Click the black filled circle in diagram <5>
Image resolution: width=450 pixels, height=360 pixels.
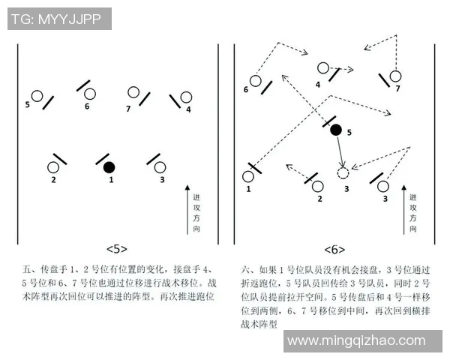pyautogui.click(x=109, y=166)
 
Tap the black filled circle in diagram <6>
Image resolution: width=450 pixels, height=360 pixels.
pyautogui.click(x=336, y=130)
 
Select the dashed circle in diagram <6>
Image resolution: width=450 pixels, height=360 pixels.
pyautogui.click(x=343, y=173)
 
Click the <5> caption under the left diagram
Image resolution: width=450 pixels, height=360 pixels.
pyautogui.click(x=117, y=249)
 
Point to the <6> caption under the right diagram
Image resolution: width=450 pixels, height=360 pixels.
pyautogui.click(x=335, y=249)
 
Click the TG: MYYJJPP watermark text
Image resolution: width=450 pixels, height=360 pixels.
pyautogui.click(x=58, y=19)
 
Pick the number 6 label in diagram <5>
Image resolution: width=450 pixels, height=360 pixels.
pyautogui.click(x=87, y=106)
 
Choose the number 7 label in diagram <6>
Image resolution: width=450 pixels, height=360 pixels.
pyautogui.click(x=397, y=88)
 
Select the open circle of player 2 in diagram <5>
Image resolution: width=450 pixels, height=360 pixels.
pyautogui.click(x=54, y=166)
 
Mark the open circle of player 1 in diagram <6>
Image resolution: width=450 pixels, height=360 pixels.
pyautogui.click(x=248, y=177)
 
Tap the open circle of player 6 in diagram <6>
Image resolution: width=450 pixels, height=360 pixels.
pyautogui.click(x=256, y=80)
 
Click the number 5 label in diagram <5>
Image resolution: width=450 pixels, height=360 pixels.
pyautogui.click(x=28, y=104)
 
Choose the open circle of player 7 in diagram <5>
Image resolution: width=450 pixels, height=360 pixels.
pyautogui.click(x=133, y=93)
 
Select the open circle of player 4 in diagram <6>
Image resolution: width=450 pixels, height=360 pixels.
pyautogui.click(x=322, y=68)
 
